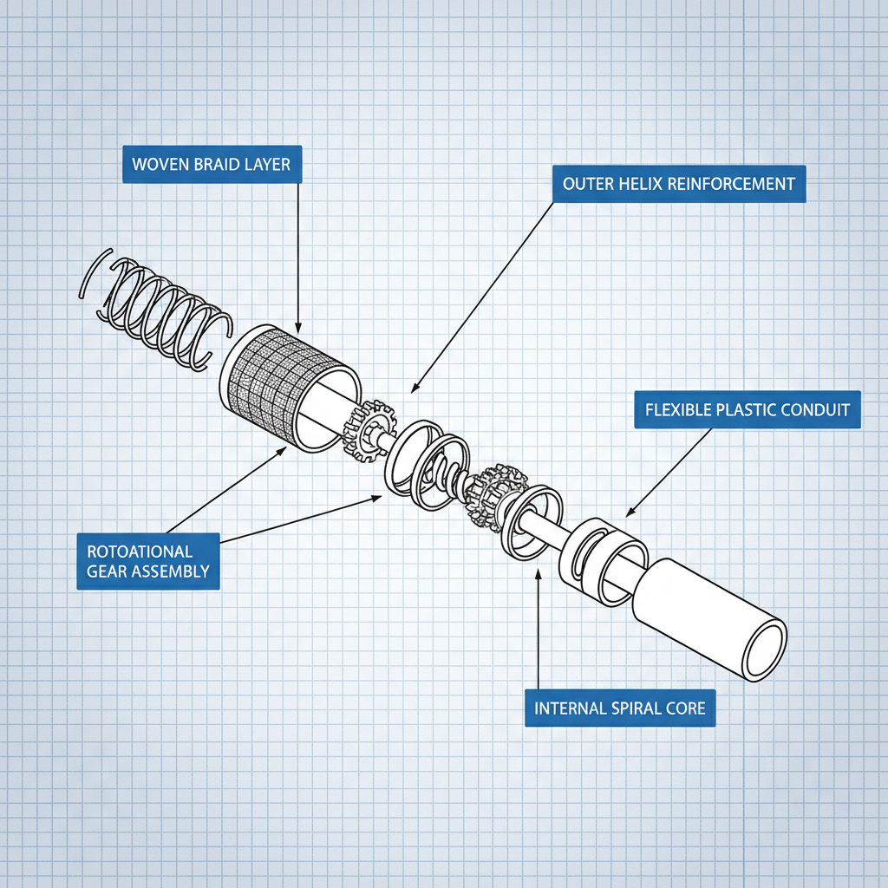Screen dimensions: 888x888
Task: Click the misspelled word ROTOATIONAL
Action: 140,552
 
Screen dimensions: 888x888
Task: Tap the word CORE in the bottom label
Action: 687,708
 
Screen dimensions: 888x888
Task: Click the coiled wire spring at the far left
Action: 156,312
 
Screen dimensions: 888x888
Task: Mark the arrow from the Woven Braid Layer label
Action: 297,260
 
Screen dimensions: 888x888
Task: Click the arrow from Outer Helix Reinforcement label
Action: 481,295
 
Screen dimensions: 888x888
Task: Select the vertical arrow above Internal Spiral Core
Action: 539,624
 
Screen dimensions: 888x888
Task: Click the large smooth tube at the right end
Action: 702,616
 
